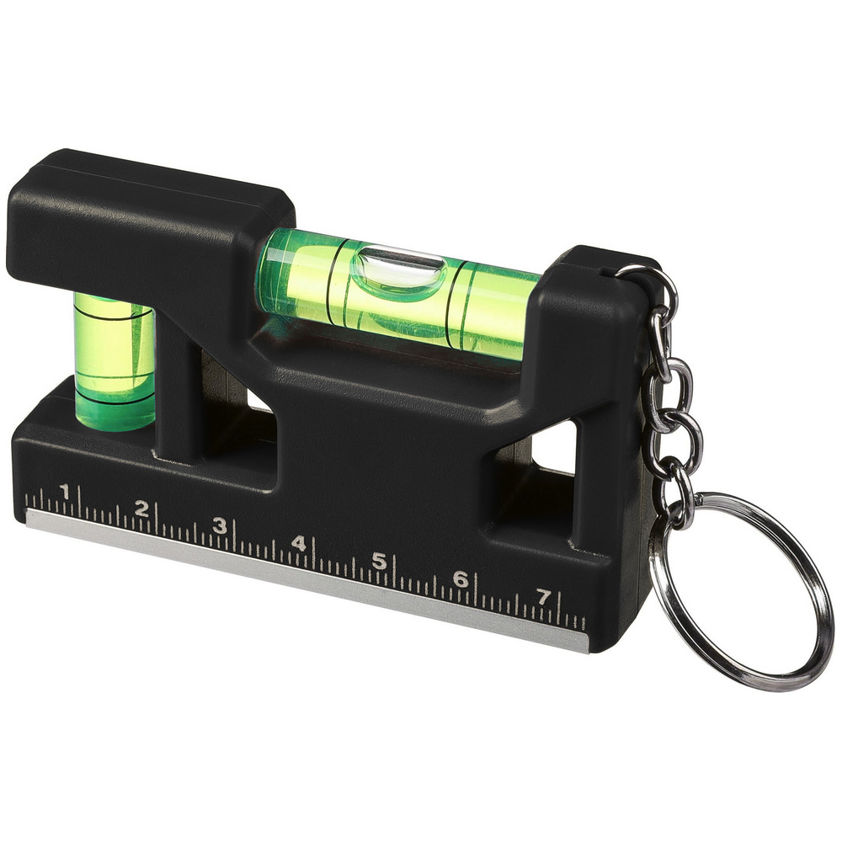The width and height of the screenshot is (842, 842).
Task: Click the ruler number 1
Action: pos(65,491)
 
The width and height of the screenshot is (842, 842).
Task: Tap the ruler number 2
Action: pos(141,508)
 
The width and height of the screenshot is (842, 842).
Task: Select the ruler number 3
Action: pos(220,525)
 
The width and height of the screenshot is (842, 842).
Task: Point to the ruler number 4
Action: pos(299,543)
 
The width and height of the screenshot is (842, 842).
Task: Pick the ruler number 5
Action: pos(379,561)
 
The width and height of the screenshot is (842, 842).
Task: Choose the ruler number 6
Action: pos(461,579)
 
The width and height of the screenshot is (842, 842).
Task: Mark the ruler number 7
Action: pos(543,597)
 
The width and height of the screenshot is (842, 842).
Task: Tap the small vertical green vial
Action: pos(115,361)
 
